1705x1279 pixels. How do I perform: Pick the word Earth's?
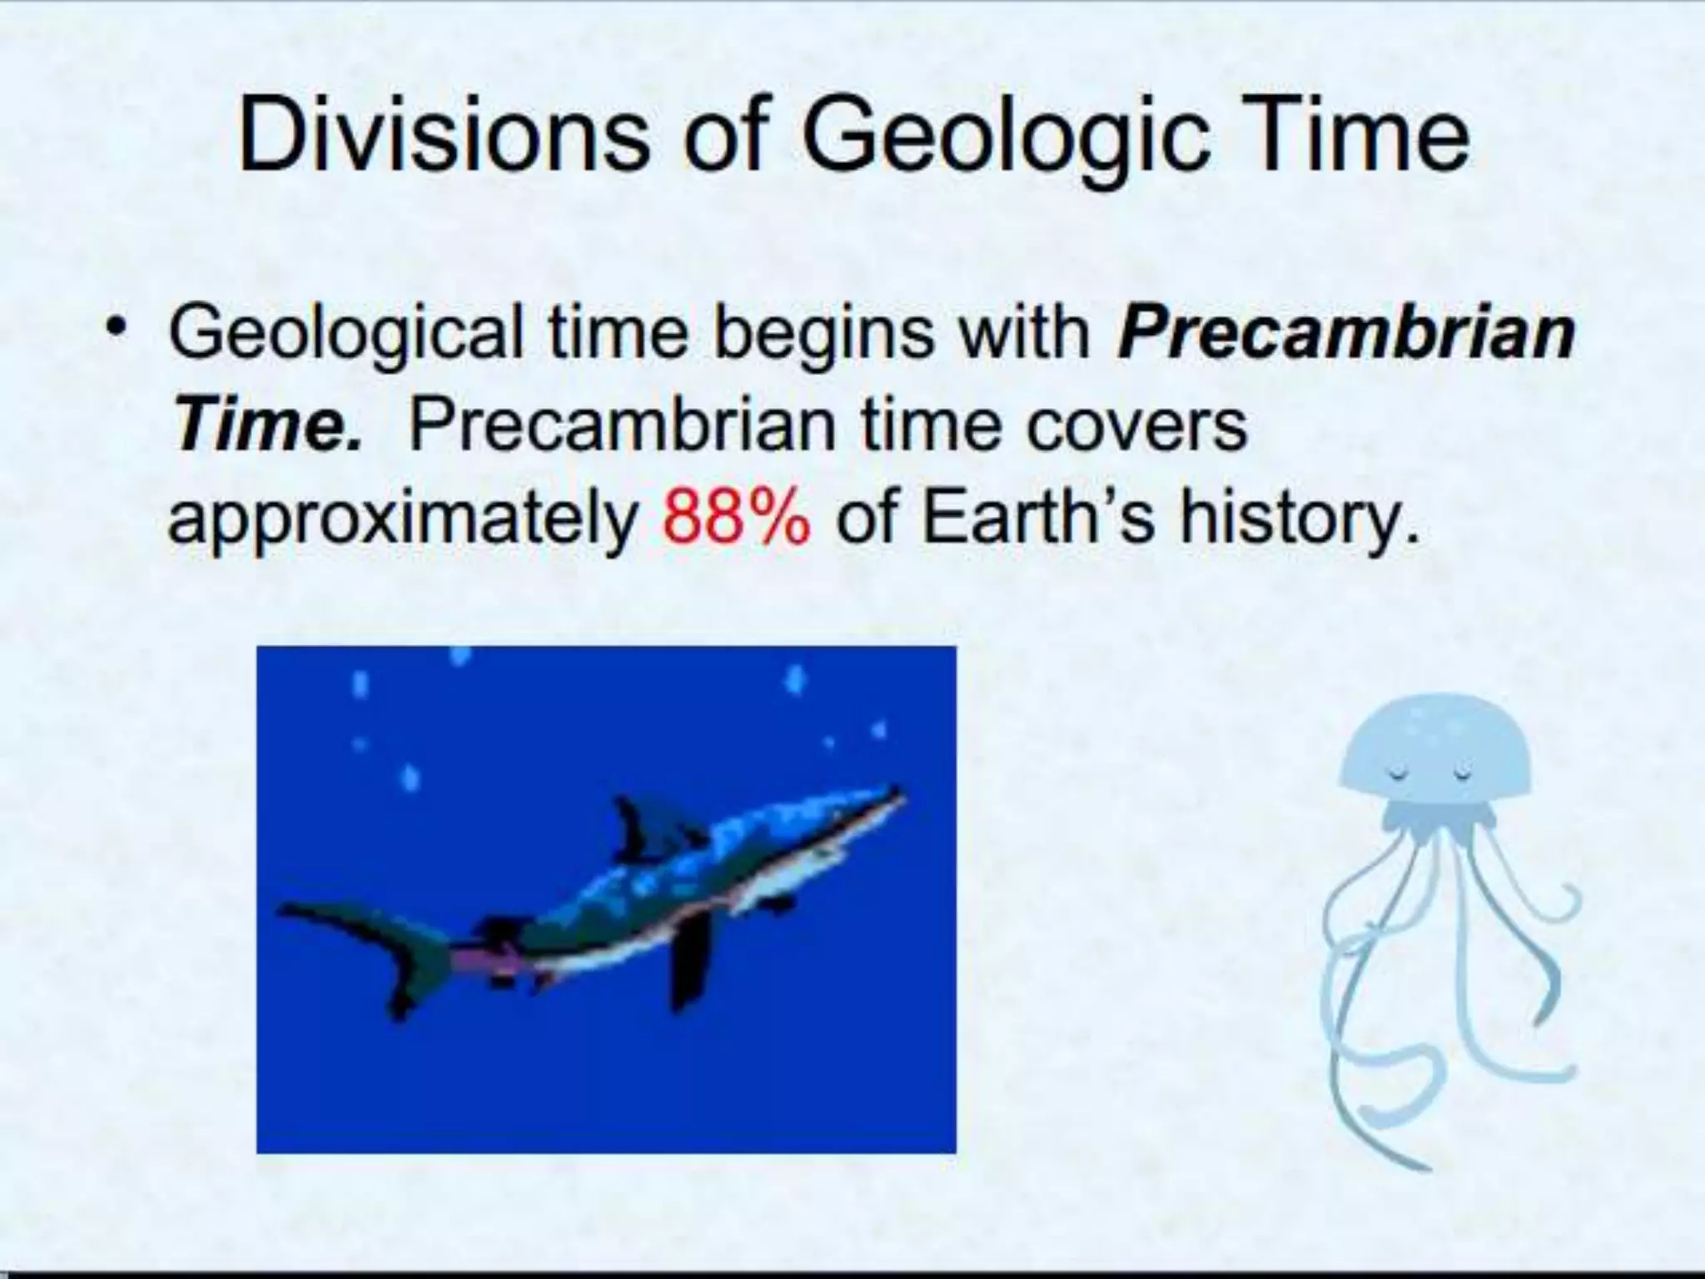click(1037, 517)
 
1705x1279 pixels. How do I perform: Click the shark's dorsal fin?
click(637, 828)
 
